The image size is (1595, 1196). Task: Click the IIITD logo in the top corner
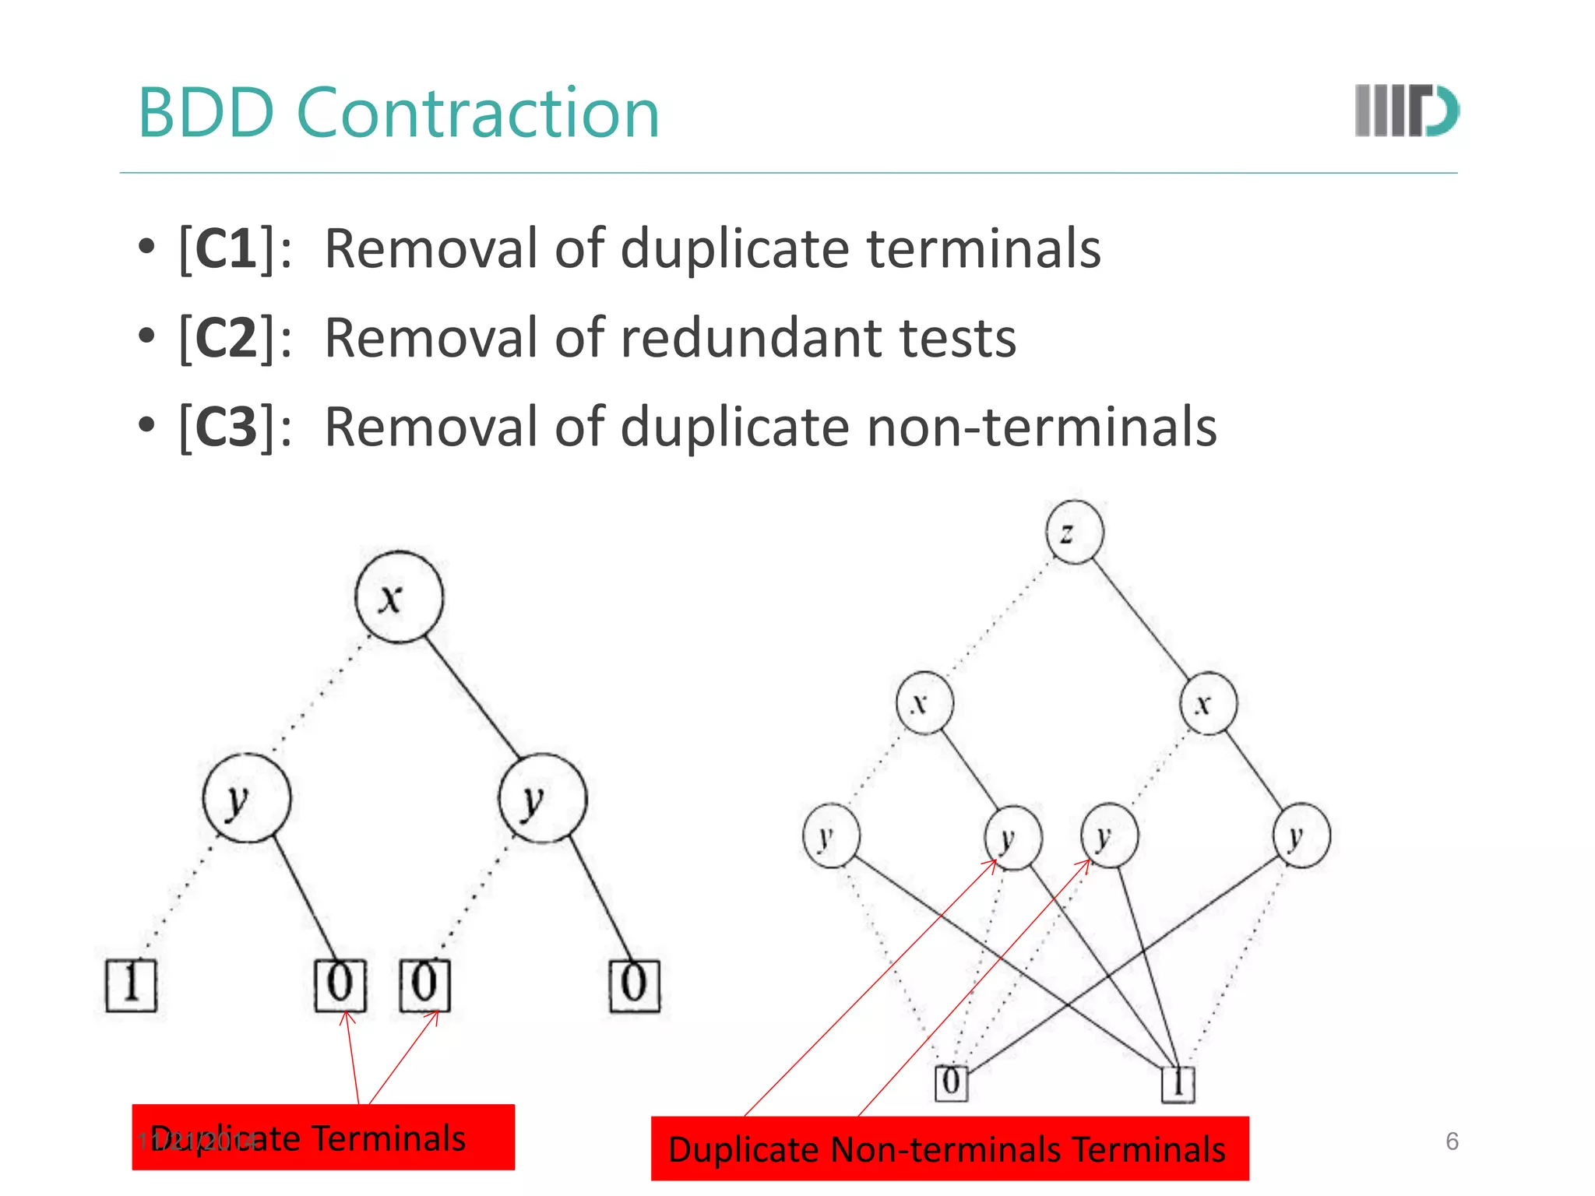coord(1407,111)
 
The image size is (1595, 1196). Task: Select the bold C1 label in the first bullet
coord(226,248)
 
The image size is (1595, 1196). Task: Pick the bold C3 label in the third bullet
coord(226,427)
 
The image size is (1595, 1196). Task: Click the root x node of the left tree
coord(399,597)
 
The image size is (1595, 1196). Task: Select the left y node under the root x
coord(247,798)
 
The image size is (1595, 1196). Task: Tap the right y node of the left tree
coord(542,798)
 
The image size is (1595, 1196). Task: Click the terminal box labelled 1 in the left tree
coord(131,985)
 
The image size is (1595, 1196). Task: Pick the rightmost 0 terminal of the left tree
coord(634,985)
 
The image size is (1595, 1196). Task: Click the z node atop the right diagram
coord(1074,532)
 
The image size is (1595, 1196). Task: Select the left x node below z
coord(924,703)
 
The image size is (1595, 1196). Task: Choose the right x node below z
coord(1207,703)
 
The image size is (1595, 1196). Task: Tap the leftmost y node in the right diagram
coord(831,836)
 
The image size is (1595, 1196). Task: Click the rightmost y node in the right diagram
coord(1301,836)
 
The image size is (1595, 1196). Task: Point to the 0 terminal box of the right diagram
coord(951,1082)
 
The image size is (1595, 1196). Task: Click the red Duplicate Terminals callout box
coord(323,1137)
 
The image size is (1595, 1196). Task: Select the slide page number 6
coord(1452,1141)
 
